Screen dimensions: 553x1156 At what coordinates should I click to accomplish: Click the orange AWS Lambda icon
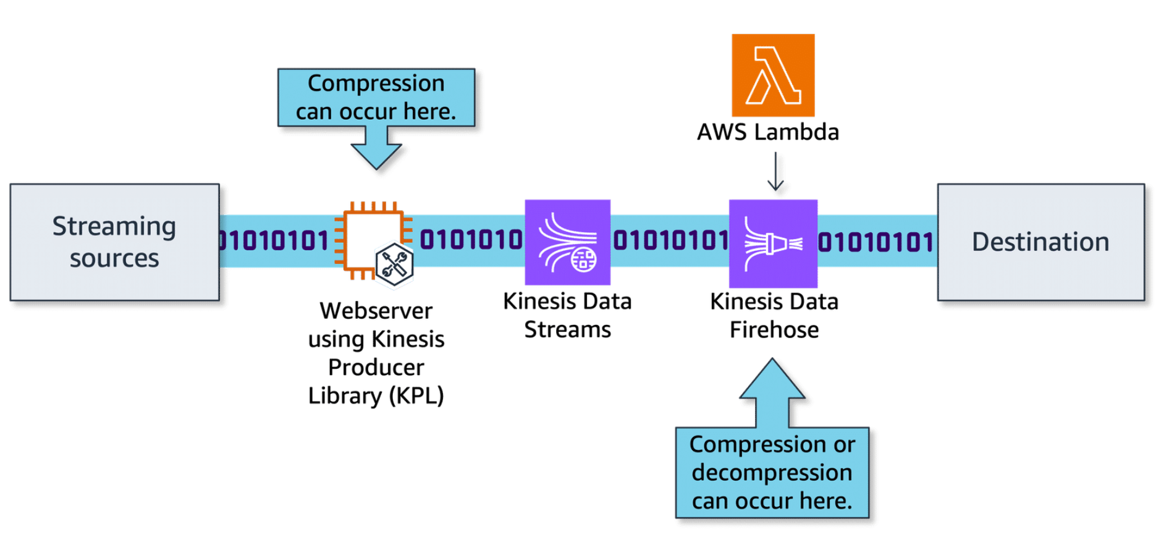point(772,75)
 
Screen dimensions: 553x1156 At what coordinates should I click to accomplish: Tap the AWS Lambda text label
point(767,132)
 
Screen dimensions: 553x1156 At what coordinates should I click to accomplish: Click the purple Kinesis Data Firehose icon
point(773,243)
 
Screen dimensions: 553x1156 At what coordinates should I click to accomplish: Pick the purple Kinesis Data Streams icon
point(567,242)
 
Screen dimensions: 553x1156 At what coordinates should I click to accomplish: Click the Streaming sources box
point(114,242)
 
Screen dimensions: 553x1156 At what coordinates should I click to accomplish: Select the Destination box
point(1040,242)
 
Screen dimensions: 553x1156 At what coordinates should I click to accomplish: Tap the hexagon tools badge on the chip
point(394,264)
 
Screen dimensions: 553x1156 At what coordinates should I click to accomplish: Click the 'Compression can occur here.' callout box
point(376,97)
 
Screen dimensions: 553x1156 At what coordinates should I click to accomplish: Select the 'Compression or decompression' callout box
point(772,473)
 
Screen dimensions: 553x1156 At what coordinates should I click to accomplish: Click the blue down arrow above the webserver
point(376,148)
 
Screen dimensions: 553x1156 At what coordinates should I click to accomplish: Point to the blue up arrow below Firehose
point(772,393)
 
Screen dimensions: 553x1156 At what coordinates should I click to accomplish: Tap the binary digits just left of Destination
point(875,242)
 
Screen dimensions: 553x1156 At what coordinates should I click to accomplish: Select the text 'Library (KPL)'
point(376,395)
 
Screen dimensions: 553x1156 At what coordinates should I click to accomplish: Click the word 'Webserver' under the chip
point(376,311)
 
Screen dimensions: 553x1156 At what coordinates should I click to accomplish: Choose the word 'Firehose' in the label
point(774,330)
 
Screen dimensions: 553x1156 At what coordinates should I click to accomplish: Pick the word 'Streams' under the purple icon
point(567,330)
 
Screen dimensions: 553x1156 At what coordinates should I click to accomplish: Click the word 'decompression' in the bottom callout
point(772,473)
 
